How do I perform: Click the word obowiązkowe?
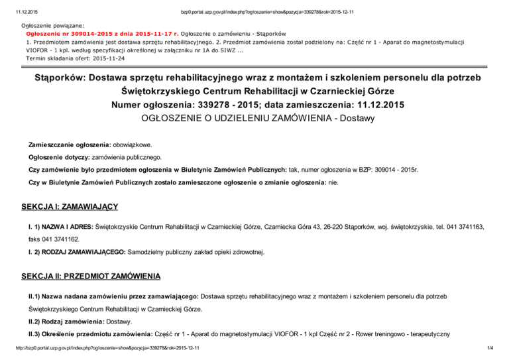point(132,143)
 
